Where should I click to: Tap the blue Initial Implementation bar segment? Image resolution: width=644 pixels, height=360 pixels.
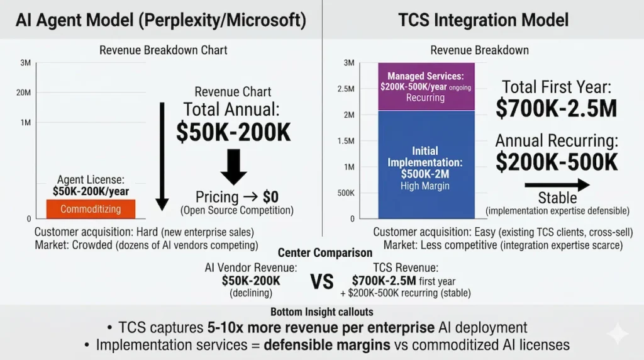pyautogui.click(x=425, y=164)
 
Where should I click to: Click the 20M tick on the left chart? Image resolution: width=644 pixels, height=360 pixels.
pyautogui.click(x=23, y=93)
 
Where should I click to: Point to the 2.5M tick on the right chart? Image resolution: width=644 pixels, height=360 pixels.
pyautogui.click(x=345, y=89)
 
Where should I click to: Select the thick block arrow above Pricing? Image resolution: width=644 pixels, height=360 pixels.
pyautogui.click(x=233, y=167)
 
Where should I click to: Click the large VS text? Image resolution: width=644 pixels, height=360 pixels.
pyautogui.click(x=322, y=281)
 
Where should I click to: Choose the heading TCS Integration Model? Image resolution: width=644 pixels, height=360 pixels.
pyautogui.click(x=483, y=20)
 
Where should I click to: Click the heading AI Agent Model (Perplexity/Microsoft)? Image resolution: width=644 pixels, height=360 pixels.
pyautogui.click(x=161, y=20)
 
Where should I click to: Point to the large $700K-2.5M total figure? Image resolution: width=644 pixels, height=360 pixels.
pyautogui.click(x=556, y=109)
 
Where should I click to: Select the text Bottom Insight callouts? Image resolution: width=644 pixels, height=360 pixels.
pyautogui.click(x=321, y=312)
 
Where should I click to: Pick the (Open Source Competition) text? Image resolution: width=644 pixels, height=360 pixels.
pyautogui.click(x=237, y=210)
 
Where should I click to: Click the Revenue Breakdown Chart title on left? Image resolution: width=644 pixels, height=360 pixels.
pyautogui.click(x=164, y=50)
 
